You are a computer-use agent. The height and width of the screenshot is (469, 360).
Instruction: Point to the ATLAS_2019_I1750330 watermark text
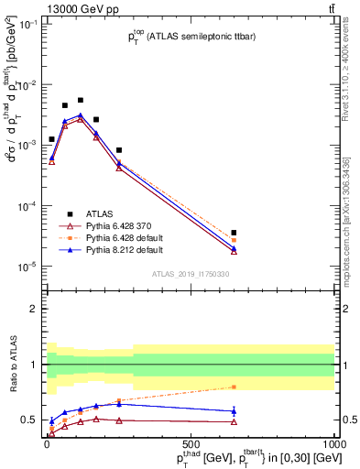click(191, 274)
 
